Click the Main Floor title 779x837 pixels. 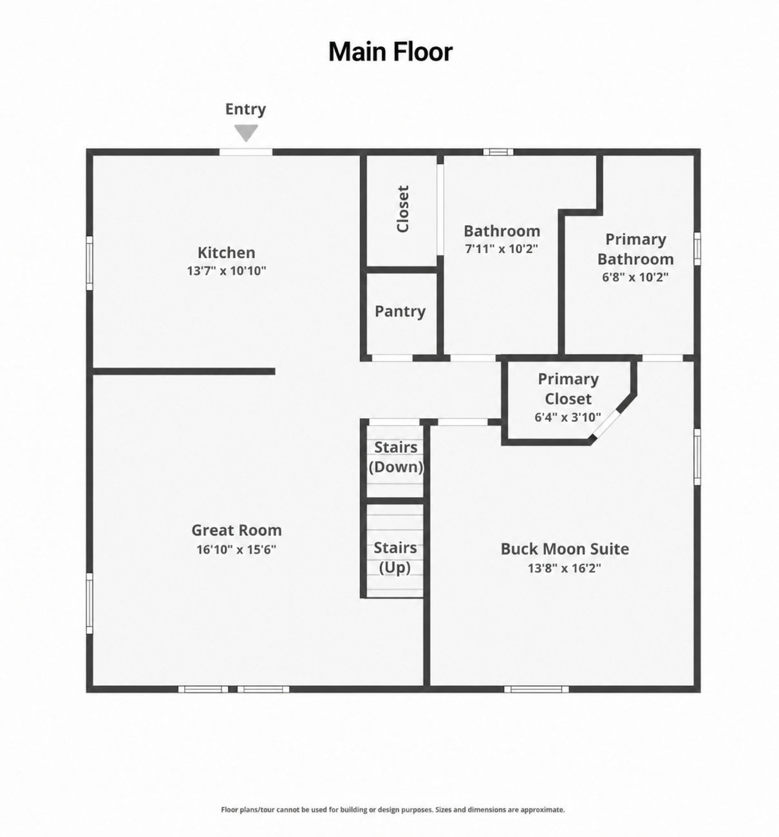390,52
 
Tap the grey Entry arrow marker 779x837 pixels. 246,133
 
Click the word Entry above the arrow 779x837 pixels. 245,109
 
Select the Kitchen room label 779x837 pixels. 227,252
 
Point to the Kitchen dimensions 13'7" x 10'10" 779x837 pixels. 227,270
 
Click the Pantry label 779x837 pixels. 400,312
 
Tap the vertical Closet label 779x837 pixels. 402,209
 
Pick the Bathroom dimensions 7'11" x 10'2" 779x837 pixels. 502,249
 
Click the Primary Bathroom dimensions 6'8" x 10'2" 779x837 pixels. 635,277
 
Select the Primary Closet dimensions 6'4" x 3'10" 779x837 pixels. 568,417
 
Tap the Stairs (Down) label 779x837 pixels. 396,457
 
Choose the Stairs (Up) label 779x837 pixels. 395,558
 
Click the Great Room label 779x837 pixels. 236,530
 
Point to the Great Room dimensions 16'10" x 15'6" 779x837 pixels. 236,550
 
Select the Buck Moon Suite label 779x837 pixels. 565,549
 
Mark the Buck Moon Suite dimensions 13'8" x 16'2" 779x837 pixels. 565,568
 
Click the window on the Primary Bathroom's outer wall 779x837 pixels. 697,249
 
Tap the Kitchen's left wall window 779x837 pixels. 89,263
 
